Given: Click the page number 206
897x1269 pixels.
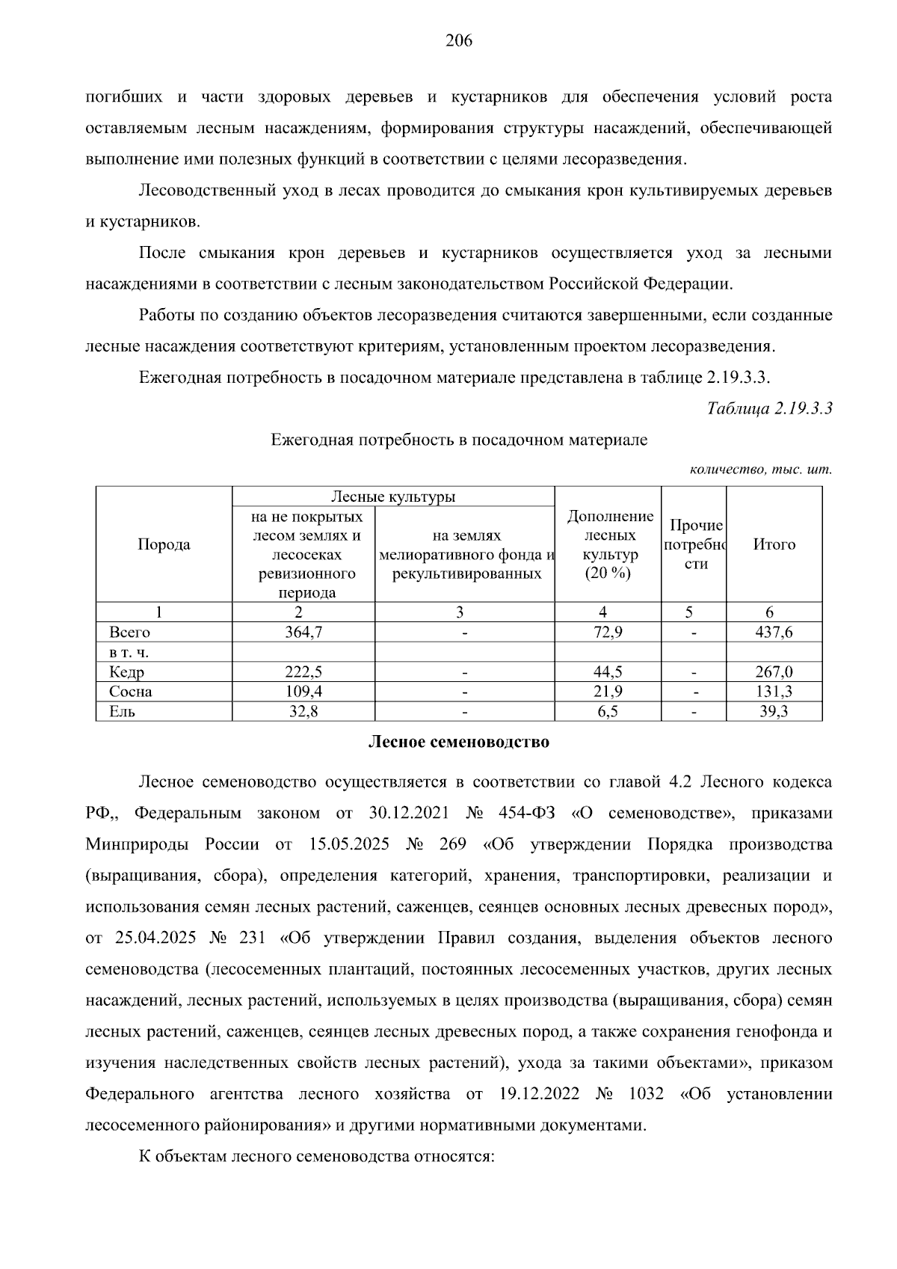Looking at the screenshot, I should [458, 41].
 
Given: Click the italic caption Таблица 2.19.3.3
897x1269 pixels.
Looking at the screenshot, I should [769, 408].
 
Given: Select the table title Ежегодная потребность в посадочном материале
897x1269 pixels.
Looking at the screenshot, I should [458, 440].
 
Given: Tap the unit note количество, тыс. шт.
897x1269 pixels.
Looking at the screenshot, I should [760, 470].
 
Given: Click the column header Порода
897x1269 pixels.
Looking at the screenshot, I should [164, 544].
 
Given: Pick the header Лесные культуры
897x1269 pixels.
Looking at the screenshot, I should [393, 497].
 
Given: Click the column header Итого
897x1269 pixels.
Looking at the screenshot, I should [774, 544].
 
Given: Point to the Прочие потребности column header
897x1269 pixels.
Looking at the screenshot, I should [694, 544].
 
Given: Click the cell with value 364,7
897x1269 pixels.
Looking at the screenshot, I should [303, 633].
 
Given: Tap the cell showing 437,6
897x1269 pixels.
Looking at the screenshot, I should [774, 633].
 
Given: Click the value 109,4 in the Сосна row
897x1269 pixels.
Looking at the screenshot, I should [303, 692].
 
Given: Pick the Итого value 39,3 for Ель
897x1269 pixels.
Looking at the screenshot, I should [774, 711].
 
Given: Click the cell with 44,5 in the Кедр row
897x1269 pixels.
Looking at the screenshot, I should [608, 672].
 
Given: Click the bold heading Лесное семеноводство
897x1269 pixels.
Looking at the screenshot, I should [458, 743].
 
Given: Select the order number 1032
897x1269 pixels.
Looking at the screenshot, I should [647, 1094].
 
